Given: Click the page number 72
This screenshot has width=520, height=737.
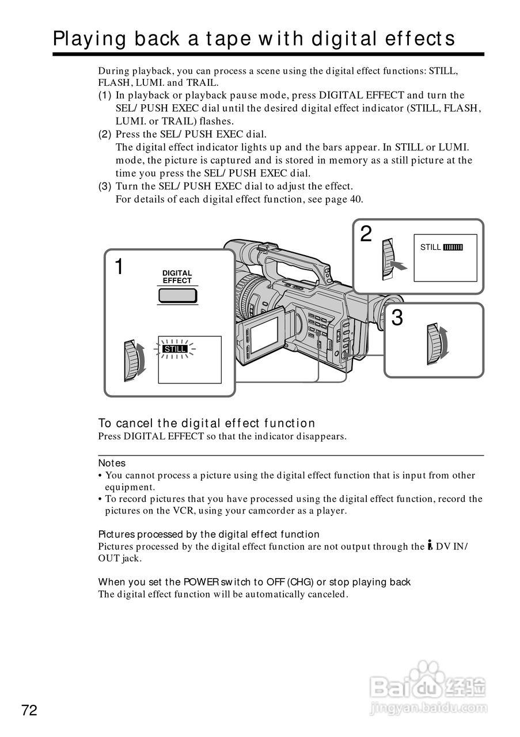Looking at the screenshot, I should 29,711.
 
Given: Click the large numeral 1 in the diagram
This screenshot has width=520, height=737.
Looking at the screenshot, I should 119,267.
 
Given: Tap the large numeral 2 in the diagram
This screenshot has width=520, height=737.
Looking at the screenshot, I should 366,234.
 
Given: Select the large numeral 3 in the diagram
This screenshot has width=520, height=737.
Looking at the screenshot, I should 397,318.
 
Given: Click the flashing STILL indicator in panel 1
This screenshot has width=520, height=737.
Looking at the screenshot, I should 174,349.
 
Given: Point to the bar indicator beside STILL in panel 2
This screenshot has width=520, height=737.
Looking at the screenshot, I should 453,248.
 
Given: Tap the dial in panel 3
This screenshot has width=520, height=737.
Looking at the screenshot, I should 437,344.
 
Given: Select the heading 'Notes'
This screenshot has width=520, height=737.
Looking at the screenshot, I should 112,463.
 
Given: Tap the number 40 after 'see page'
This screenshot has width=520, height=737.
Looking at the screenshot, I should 356,199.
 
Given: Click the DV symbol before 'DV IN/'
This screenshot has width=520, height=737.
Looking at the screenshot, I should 430,546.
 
